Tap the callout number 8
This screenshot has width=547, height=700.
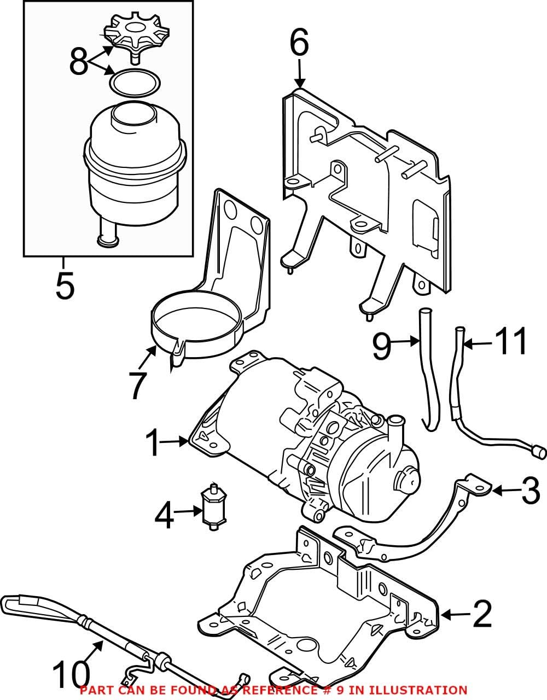(78, 62)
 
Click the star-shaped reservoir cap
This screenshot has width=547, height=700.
(127, 33)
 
